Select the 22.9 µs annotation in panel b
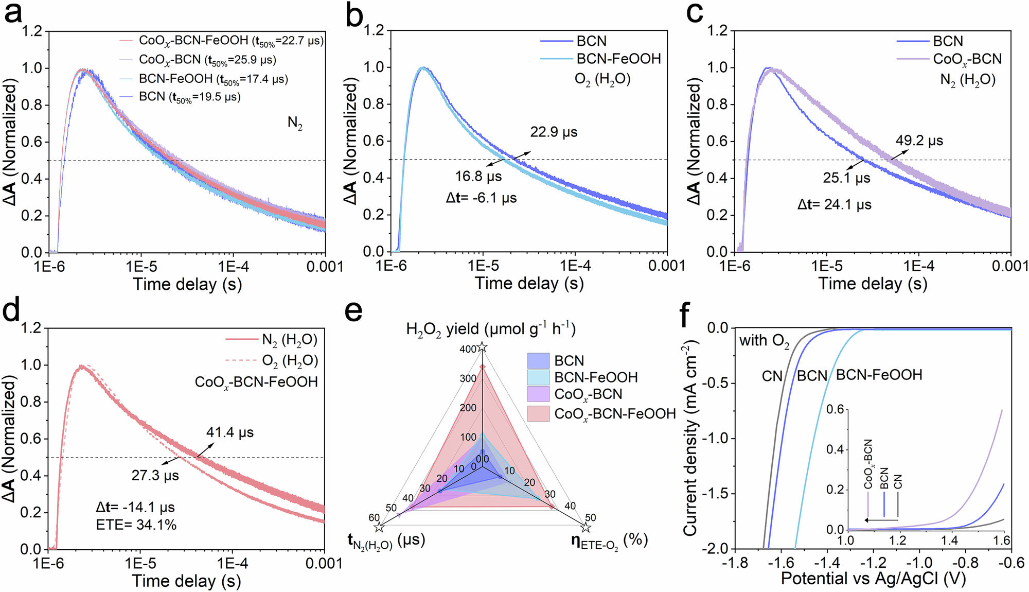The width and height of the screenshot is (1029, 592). (554, 132)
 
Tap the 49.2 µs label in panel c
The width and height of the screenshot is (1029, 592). (919, 141)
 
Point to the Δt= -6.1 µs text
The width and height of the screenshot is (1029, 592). (481, 198)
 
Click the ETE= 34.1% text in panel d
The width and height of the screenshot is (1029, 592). (136, 525)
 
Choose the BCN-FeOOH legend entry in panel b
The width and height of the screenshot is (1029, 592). (618, 59)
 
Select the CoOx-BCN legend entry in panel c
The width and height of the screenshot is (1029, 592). (967, 59)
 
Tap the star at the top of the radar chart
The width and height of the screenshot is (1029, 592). (482, 347)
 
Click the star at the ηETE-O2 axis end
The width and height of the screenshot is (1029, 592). (586, 528)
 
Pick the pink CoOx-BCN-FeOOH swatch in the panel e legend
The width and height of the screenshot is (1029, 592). (538, 413)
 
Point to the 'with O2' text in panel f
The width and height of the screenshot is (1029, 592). (764, 341)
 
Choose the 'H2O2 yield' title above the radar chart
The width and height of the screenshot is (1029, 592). (490, 329)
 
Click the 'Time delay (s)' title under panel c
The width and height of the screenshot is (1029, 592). (873, 284)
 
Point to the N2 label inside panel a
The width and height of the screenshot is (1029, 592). (295, 123)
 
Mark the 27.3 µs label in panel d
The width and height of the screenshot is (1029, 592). (155, 475)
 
